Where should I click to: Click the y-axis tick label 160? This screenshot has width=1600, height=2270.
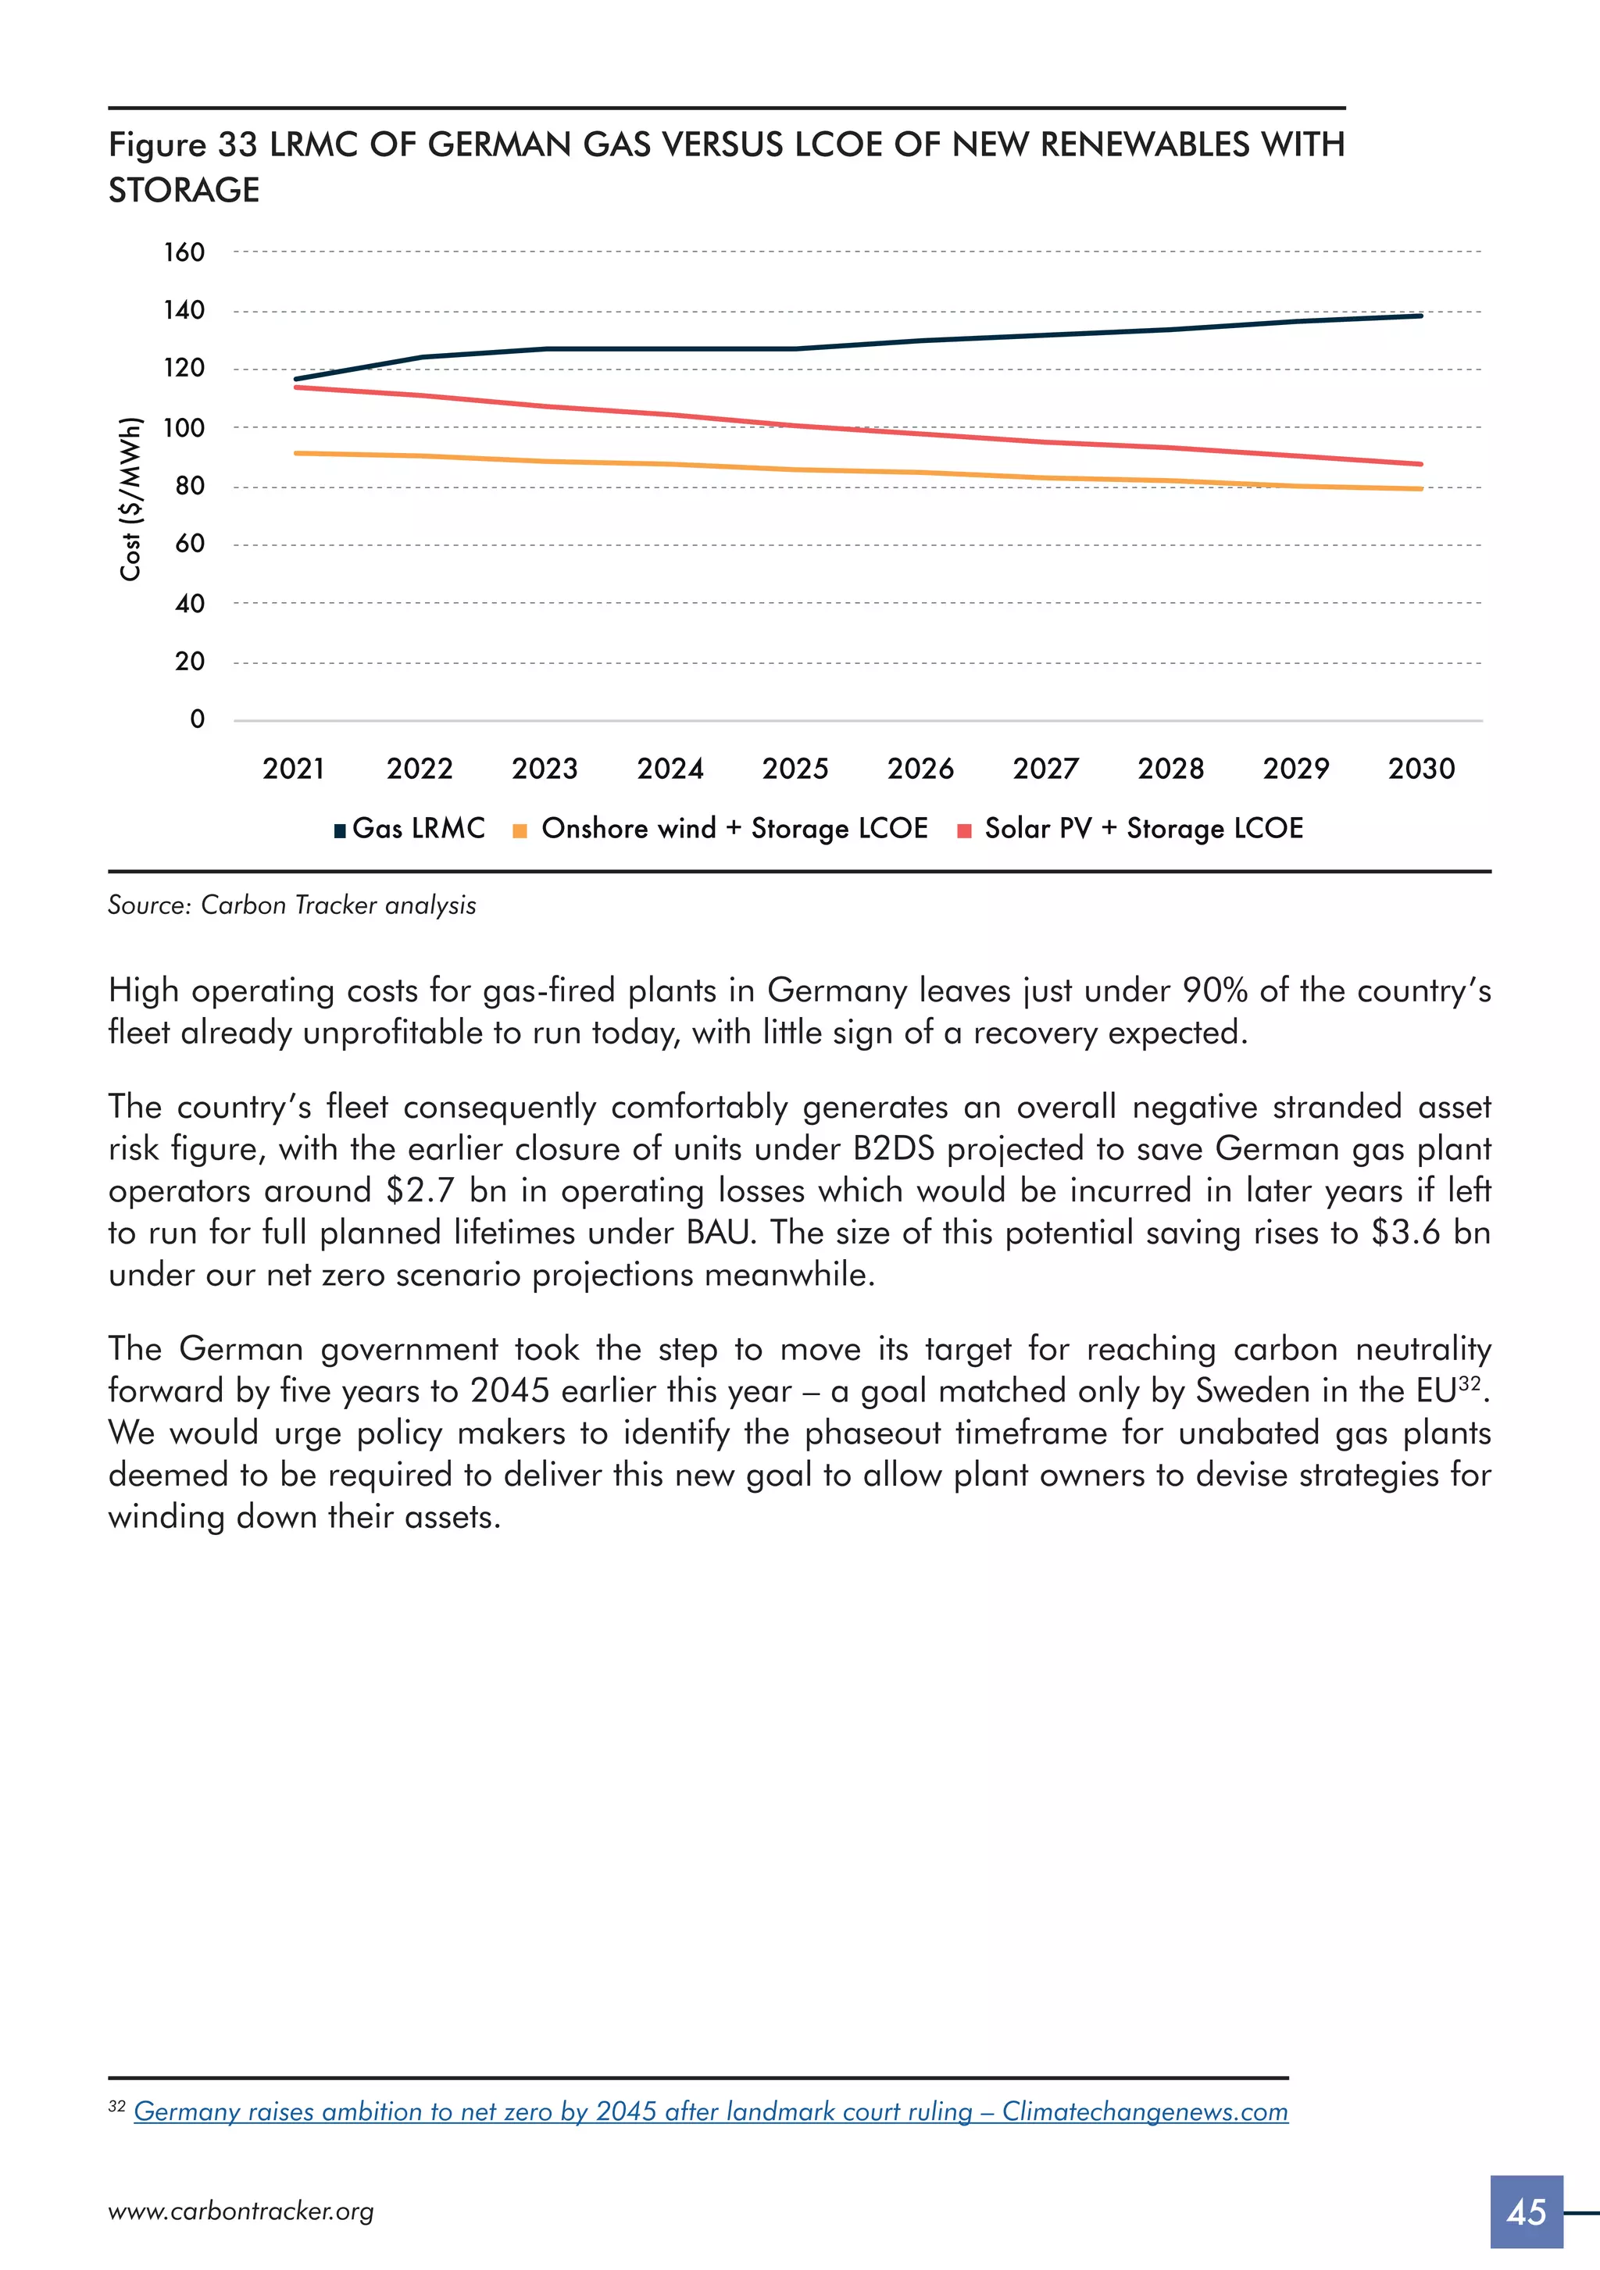click(x=184, y=252)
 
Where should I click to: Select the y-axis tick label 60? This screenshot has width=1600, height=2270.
click(x=190, y=544)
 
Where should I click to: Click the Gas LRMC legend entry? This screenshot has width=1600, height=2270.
click(x=410, y=829)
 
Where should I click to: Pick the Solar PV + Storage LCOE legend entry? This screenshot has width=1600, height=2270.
click(x=1132, y=829)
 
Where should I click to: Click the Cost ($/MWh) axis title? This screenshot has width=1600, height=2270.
click(x=130, y=499)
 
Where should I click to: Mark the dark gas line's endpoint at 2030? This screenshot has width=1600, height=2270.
click(x=1421, y=316)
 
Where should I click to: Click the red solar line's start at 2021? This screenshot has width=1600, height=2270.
click(x=295, y=387)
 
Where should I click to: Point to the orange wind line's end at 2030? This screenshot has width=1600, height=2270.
click(x=1421, y=488)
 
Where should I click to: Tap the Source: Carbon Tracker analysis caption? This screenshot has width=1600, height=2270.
click(x=291, y=905)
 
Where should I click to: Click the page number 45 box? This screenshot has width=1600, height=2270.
click(x=1526, y=2211)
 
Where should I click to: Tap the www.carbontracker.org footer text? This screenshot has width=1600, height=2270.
click(x=241, y=2211)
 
